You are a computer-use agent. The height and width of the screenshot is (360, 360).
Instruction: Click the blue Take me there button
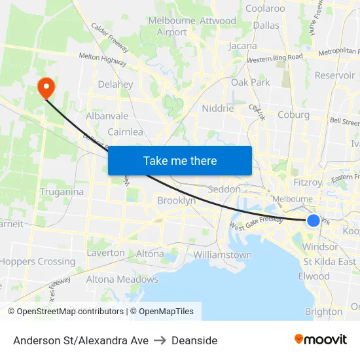(179, 160)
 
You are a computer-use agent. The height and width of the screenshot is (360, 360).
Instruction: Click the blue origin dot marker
(314, 221)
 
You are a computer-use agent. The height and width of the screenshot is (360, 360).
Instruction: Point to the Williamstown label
(223, 255)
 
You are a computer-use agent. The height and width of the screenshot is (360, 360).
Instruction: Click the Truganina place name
(62, 192)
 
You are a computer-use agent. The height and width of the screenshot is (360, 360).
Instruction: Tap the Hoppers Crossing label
(37, 261)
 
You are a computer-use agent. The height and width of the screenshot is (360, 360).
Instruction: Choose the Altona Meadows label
(114, 279)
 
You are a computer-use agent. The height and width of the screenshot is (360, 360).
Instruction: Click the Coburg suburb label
(293, 115)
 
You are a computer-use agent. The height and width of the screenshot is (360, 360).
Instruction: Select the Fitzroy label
(308, 183)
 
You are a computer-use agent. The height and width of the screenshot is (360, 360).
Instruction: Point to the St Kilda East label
(330, 262)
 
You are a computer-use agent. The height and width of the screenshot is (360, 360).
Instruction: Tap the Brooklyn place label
(176, 201)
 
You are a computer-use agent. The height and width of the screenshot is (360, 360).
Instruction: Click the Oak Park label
(250, 82)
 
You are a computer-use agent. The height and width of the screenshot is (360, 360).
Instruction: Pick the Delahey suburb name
(115, 84)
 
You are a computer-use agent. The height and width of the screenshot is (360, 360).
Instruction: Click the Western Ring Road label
(275, 58)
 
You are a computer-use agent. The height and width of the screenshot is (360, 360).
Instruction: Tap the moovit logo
(321, 339)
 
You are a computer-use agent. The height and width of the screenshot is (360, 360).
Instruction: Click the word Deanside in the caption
(194, 340)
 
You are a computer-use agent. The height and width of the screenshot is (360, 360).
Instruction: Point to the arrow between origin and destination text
(160, 340)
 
